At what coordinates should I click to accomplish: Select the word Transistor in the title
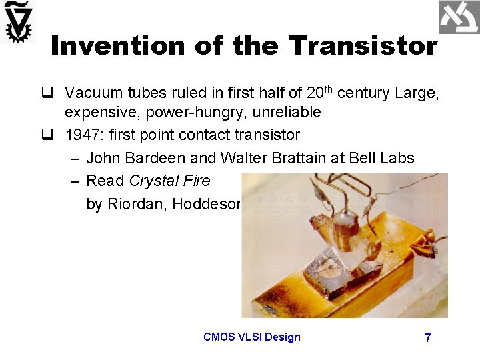363,46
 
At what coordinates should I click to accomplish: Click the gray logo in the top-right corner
459,17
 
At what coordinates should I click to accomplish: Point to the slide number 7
427,338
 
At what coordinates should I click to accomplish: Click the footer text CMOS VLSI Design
251,337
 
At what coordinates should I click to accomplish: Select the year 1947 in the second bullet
82,135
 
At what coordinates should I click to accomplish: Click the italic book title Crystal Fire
169,181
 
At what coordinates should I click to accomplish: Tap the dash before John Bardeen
73,159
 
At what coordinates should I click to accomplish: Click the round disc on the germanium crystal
327,271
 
